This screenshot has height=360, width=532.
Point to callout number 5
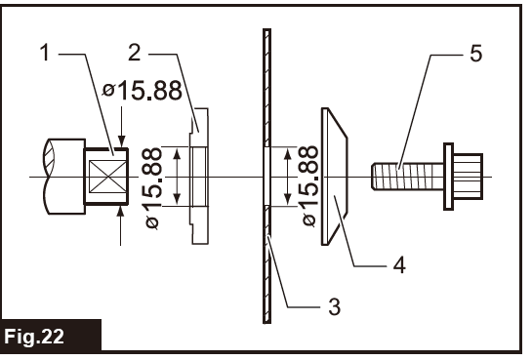(475, 53)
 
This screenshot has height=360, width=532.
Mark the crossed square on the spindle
(103, 177)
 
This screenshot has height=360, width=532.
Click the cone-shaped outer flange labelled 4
(334, 177)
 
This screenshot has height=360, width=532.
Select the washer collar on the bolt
(448, 177)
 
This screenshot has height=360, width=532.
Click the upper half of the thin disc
(265, 88)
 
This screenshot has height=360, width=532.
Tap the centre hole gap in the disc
(265, 177)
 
